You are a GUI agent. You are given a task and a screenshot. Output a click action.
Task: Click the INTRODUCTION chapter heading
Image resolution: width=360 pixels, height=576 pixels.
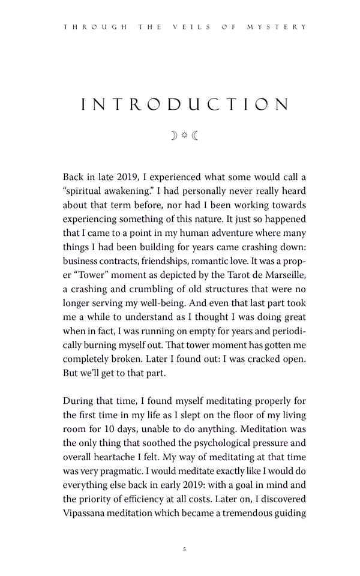(184, 105)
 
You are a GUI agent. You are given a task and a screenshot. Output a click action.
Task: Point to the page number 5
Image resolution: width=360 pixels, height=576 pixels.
(185, 549)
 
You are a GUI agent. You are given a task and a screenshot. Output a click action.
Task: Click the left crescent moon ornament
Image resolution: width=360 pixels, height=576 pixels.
(174, 136)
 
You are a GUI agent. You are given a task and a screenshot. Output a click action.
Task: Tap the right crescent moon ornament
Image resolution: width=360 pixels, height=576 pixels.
(195, 136)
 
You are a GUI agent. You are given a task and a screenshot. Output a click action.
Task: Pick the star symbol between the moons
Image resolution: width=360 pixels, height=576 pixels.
(184, 136)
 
